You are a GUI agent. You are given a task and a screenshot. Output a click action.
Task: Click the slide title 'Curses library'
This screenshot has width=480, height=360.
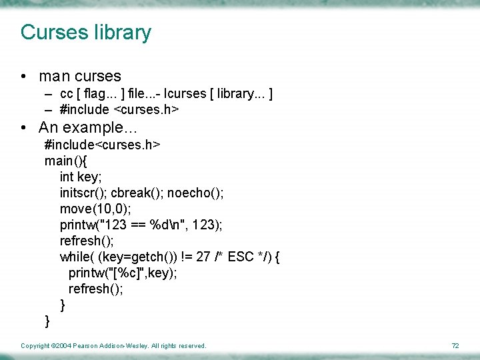pos(86,32)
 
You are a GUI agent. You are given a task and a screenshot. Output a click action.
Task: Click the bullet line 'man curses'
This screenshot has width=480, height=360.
pos(80,77)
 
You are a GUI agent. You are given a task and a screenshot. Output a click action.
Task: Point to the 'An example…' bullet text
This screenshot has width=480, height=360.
pos(83,127)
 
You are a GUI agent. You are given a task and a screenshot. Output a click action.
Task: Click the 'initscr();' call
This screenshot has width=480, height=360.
pos(83,193)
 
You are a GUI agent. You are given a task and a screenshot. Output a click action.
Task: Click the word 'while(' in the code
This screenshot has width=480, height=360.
pos(77,257)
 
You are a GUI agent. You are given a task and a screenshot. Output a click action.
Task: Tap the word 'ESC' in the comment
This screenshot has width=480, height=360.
pos(241,257)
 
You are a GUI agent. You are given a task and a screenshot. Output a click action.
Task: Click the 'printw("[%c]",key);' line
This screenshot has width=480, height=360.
pos(123,273)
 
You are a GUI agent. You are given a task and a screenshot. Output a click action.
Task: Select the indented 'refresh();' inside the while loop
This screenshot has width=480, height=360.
pos(96,289)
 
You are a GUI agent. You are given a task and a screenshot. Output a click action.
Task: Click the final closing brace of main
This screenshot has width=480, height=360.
pos(47,321)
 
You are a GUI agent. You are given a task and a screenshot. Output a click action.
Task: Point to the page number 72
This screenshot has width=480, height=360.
pos(455,346)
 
